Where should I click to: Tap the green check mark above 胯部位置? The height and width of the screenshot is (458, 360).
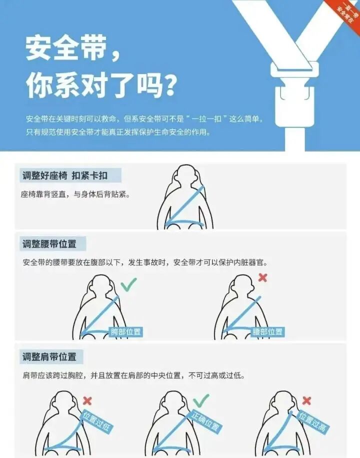(128, 285)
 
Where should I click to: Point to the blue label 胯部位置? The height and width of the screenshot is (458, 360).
(125, 331)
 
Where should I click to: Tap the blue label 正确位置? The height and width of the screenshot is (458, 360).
(205, 421)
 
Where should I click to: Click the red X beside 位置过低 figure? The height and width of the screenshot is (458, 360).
(87, 400)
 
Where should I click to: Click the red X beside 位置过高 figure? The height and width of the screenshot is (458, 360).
(306, 400)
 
